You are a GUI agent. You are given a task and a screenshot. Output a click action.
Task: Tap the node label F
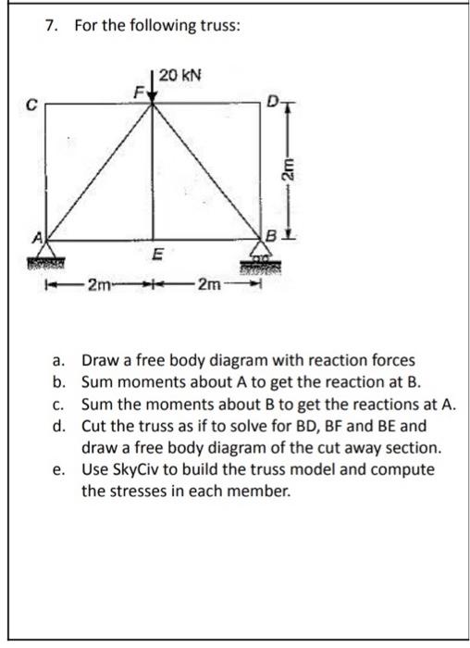point(140,92)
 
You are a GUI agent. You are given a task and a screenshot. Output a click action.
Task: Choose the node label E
point(157,252)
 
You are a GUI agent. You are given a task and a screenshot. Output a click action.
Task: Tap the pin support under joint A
point(44,259)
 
